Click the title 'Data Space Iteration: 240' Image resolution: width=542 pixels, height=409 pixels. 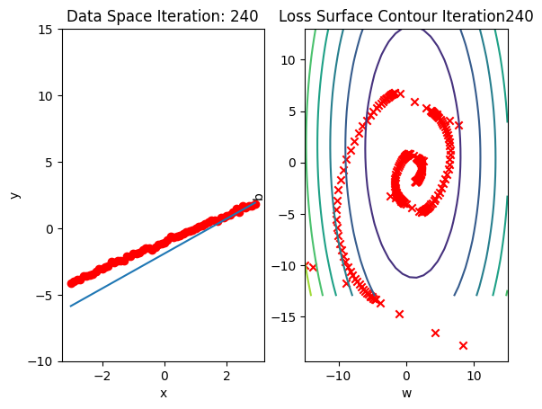click(x=163, y=16)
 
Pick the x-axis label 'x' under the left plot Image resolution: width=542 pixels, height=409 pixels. click(x=164, y=393)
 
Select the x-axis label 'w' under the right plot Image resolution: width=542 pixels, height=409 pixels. click(x=406, y=393)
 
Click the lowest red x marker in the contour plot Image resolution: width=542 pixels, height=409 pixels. click(x=464, y=345)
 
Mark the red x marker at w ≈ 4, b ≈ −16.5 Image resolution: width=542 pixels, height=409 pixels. click(x=435, y=333)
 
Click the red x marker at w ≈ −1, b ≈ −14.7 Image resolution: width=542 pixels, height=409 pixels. click(x=399, y=314)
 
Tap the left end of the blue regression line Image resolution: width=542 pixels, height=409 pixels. click(x=71, y=307)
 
